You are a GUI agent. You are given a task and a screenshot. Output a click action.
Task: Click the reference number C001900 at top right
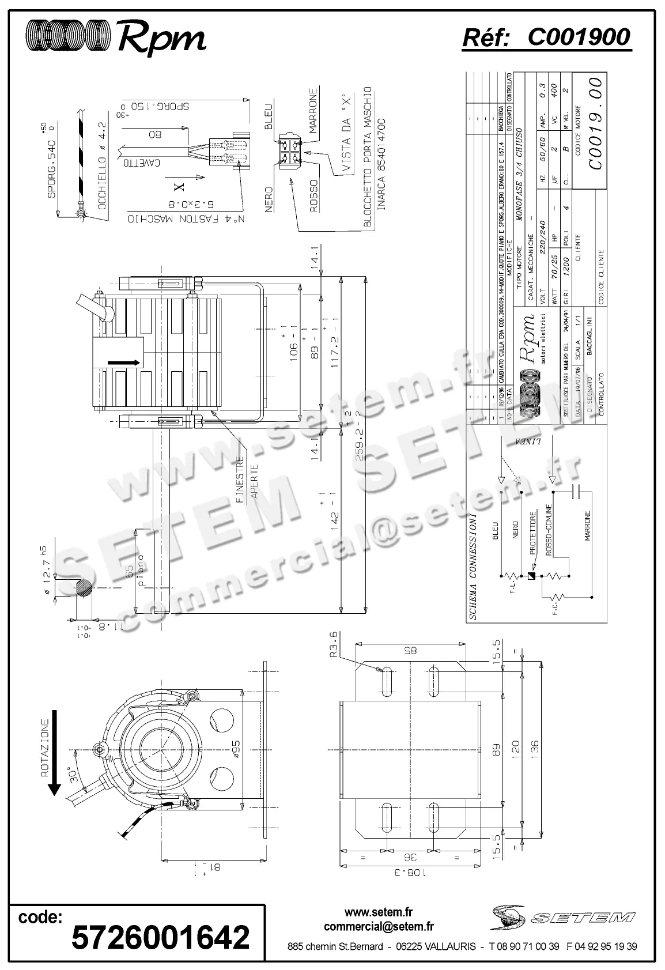point(579,37)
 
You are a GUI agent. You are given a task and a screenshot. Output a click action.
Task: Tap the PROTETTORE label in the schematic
point(533,532)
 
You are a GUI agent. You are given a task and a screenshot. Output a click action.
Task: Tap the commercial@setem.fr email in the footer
point(379,927)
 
